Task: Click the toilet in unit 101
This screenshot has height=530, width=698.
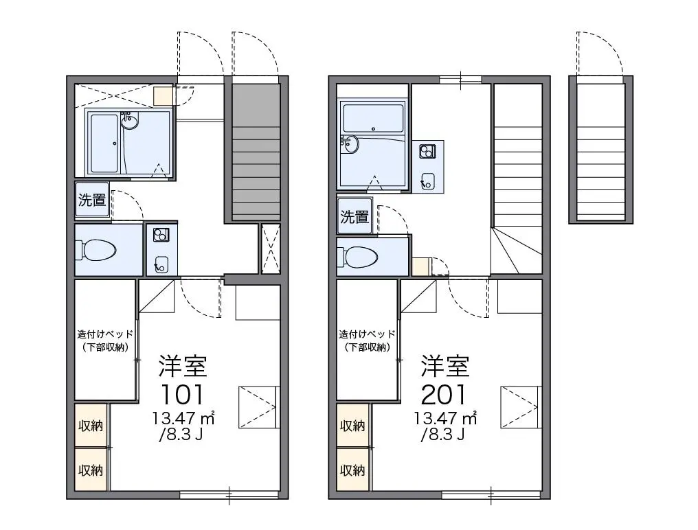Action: [x=96, y=251]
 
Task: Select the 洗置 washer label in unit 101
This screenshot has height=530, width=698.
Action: [x=92, y=200]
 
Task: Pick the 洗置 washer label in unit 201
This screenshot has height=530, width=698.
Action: [x=354, y=217]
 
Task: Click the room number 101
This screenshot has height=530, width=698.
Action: [x=182, y=394]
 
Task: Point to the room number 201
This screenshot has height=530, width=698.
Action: [x=444, y=394]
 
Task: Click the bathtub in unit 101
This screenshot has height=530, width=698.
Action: [x=104, y=143]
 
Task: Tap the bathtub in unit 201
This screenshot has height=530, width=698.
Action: [x=373, y=118]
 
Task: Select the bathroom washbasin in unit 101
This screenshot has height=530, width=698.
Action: [x=129, y=121]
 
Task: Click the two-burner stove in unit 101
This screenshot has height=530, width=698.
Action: [x=161, y=235]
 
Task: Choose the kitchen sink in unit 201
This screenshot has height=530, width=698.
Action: [x=428, y=181]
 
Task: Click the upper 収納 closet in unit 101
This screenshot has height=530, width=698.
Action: [x=91, y=425]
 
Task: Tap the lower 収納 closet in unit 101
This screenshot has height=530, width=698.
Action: [x=91, y=470]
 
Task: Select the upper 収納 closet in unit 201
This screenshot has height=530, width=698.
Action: [x=352, y=425]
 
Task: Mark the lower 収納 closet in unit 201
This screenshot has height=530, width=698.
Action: [x=352, y=470]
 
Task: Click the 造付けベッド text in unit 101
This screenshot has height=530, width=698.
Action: [x=105, y=334]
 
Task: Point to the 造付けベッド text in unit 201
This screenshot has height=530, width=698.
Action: [x=367, y=334]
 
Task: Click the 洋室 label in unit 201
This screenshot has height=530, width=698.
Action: [x=445, y=366]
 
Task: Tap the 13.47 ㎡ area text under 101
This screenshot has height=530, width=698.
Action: [x=183, y=418]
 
